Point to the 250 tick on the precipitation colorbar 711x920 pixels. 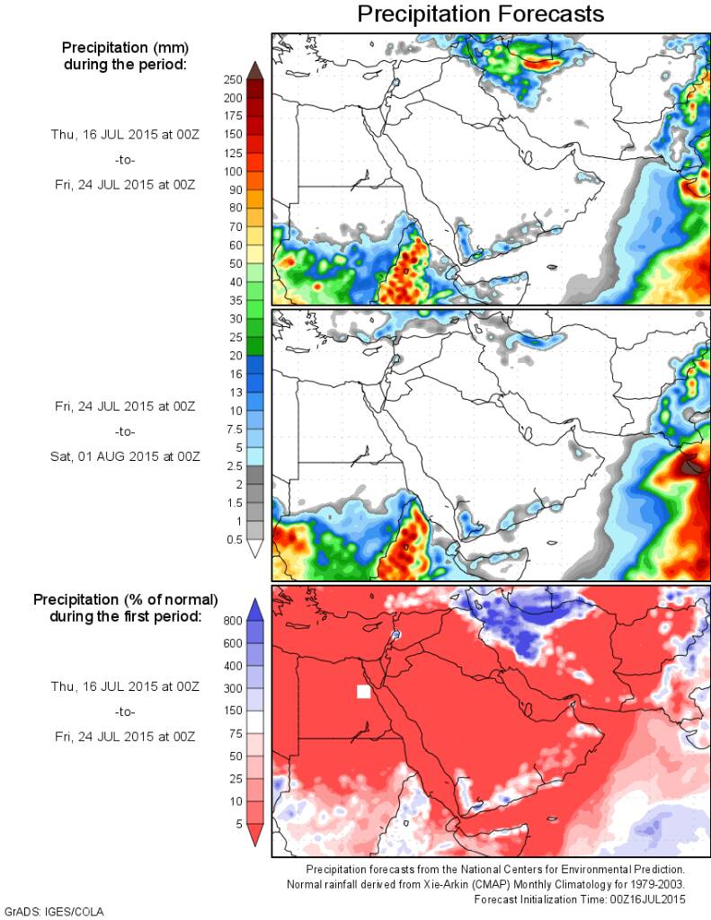[x=233, y=79]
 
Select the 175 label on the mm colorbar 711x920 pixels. [x=233, y=116]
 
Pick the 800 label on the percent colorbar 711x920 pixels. [x=233, y=620]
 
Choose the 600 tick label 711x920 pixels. [x=233, y=642]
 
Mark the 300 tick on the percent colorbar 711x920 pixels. [x=233, y=687]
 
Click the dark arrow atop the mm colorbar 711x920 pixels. [x=254, y=69]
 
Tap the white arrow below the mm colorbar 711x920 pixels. [x=254, y=549]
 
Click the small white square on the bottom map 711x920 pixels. [x=363, y=691]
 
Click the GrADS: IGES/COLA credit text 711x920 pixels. [x=54, y=912]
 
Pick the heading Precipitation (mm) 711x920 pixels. [x=124, y=48]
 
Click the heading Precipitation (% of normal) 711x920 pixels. [x=126, y=599]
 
